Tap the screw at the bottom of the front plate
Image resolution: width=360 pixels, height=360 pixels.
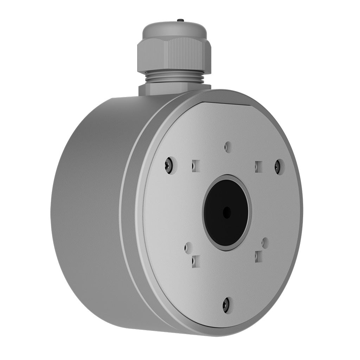click(x=226, y=304)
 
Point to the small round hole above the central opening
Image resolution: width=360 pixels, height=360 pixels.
click(x=228, y=147)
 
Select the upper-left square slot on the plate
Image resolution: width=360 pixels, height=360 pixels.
click(x=196, y=166)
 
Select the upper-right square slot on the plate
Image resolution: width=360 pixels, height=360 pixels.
click(x=259, y=167)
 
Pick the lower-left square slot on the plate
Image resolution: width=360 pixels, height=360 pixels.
click(x=196, y=261)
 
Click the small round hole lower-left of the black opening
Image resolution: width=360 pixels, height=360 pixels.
click(x=188, y=247)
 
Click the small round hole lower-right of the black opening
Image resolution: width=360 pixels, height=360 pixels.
click(x=265, y=242)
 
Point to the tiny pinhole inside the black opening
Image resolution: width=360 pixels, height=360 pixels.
click(x=227, y=212)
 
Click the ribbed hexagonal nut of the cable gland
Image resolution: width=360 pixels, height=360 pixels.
click(x=174, y=54)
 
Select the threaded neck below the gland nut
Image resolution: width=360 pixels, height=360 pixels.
click(x=174, y=77)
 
